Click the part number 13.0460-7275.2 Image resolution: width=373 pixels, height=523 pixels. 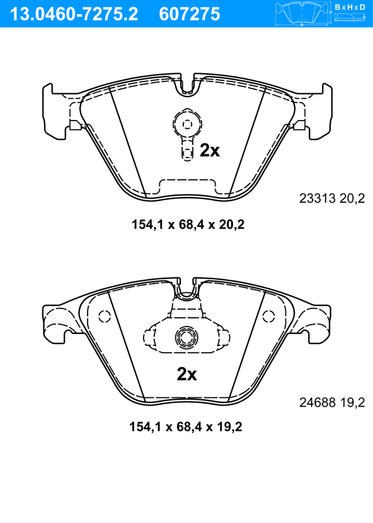[x=74, y=14]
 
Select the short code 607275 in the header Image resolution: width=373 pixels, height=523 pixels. [x=190, y=14]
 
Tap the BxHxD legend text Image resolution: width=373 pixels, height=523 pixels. [x=350, y=7]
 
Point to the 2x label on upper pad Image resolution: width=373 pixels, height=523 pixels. [x=210, y=150]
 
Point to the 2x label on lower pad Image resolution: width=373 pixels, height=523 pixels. [x=186, y=374]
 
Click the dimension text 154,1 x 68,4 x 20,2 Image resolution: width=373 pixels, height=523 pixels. [x=188, y=224]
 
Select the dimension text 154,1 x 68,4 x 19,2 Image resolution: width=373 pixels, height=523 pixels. [x=186, y=427]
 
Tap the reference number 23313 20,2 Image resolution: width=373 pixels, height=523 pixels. [x=332, y=198]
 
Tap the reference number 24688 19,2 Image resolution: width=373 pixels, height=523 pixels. [x=332, y=402]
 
